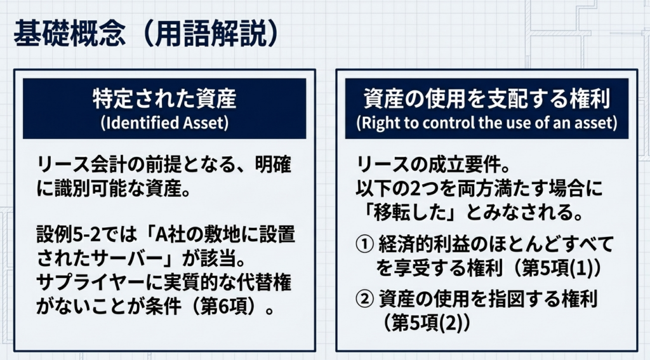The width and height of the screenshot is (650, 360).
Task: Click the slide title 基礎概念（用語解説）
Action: (x=146, y=33)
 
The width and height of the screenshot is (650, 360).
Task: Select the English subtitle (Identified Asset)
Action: (x=164, y=123)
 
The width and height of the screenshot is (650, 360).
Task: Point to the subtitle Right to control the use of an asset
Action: (x=487, y=123)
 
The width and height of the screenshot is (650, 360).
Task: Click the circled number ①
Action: (x=365, y=244)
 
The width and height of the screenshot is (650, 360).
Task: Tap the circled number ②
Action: (x=365, y=299)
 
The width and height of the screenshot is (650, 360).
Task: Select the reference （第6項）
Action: (x=227, y=307)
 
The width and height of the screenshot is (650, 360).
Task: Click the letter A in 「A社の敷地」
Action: (x=161, y=234)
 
